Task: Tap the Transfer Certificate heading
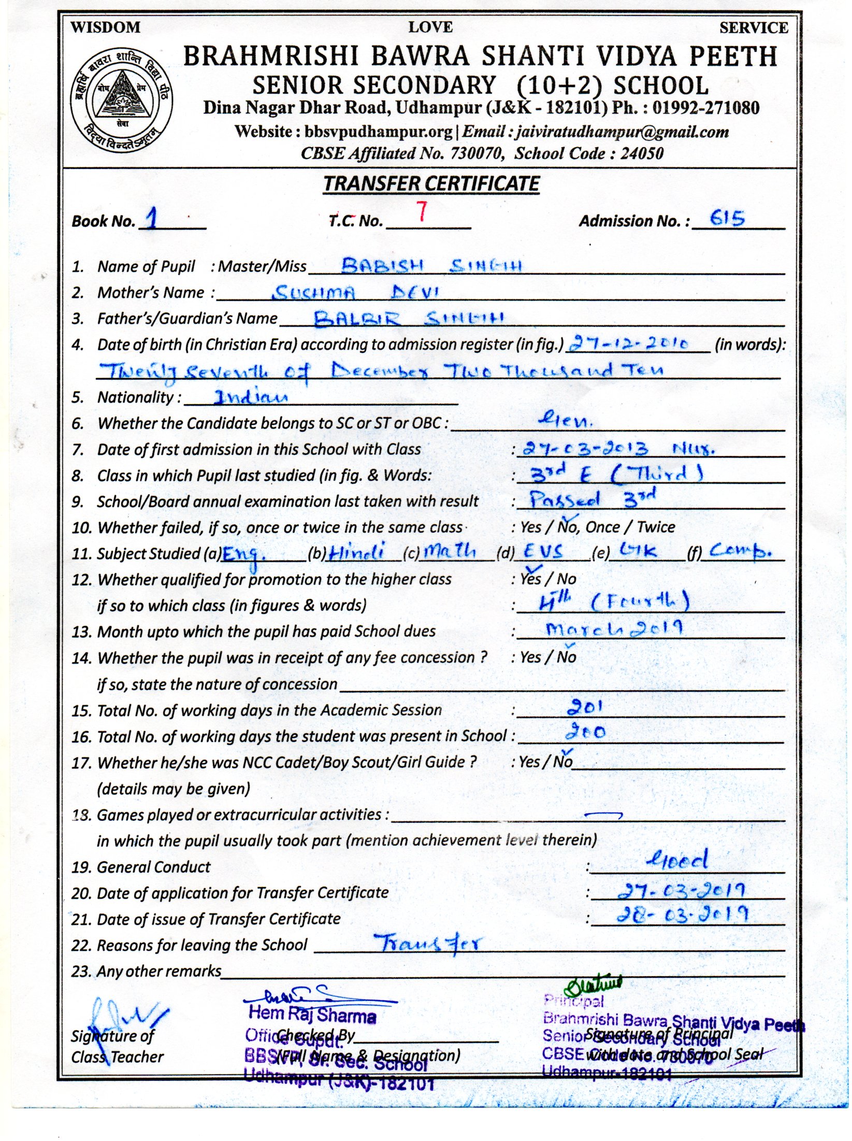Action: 431,184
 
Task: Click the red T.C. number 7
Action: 422,212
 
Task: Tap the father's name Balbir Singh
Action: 409,318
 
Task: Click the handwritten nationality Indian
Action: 251,397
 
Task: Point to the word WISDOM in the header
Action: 105,27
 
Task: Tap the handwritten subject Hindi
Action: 358,551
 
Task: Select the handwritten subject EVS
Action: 543,551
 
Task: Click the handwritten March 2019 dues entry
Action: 614,629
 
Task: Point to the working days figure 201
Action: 585,706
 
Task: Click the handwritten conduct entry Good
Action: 677,861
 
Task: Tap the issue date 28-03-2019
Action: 682,915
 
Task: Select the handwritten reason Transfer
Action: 428,943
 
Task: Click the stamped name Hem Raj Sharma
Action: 312,1014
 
